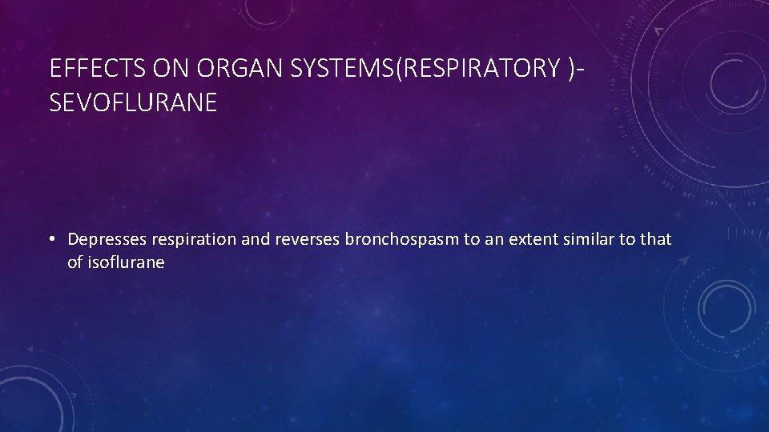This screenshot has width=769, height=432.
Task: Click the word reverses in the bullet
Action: point(308,239)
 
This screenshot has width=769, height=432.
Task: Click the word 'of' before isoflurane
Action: point(74,262)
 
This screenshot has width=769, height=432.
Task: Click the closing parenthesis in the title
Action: point(570,70)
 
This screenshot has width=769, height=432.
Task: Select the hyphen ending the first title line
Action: point(579,70)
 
